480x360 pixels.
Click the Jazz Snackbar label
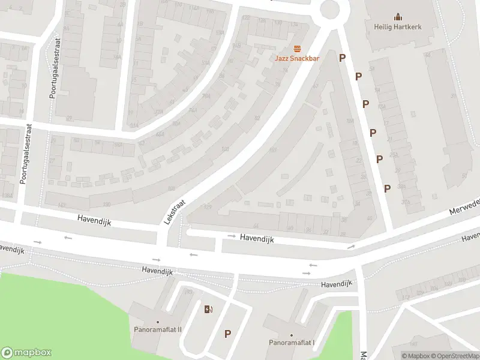(x=296, y=58)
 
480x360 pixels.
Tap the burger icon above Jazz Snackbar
(x=296, y=48)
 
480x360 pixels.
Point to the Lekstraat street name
(x=175, y=212)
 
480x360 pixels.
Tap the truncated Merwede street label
(x=466, y=208)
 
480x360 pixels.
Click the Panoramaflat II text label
(x=158, y=330)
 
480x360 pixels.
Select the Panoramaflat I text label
(x=292, y=343)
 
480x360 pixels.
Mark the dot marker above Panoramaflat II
(x=158, y=322)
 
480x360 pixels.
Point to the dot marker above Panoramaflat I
(x=292, y=335)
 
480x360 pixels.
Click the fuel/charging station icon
(x=208, y=310)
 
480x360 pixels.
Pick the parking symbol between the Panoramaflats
(x=228, y=334)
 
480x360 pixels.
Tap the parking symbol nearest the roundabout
(x=343, y=58)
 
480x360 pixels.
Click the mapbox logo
(x=25, y=352)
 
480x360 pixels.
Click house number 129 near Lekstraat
(x=208, y=208)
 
